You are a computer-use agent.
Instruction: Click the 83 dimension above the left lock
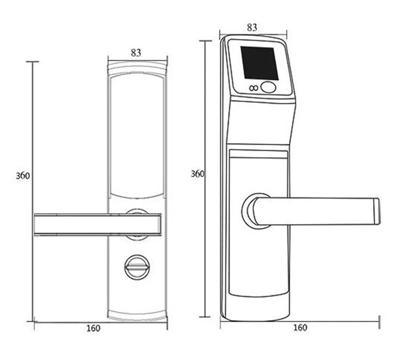click(136, 53)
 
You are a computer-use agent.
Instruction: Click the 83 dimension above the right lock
click(252, 27)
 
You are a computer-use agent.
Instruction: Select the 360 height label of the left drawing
click(23, 175)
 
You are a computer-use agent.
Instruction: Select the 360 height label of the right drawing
click(197, 173)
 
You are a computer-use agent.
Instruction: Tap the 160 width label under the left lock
click(93, 328)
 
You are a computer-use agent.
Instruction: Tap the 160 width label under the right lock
click(300, 328)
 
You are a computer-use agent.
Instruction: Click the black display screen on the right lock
click(259, 63)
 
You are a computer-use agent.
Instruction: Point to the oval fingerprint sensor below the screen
click(269, 87)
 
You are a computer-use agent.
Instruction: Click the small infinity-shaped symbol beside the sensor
click(254, 88)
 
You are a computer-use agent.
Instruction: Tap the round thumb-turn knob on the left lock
click(137, 267)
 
